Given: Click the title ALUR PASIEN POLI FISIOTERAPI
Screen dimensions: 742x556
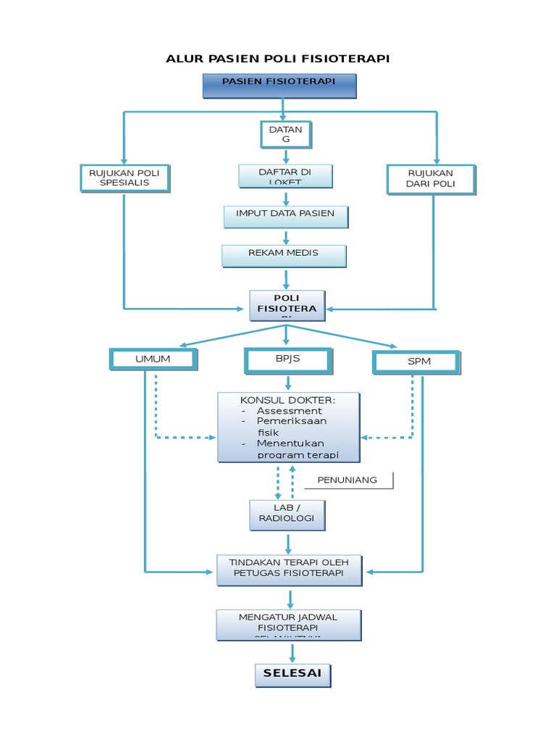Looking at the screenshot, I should click(x=278, y=59).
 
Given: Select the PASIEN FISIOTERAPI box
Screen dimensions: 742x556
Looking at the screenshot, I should click(x=279, y=86).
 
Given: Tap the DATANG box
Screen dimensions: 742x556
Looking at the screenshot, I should click(x=285, y=133).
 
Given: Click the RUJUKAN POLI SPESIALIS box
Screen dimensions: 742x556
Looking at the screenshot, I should click(x=125, y=178).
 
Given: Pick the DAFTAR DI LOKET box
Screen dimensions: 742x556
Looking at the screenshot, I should click(x=285, y=176).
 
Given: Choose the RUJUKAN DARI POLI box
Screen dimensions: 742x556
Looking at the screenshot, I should click(x=431, y=179).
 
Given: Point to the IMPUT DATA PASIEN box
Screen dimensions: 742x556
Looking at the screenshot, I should click(x=285, y=216).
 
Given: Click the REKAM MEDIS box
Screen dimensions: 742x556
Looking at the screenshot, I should click(x=284, y=256).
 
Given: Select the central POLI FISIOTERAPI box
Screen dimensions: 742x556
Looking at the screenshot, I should click(x=287, y=305).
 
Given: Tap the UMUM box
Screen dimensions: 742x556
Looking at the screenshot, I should click(x=153, y=359).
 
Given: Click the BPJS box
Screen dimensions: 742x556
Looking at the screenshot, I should click(x=287, y=359).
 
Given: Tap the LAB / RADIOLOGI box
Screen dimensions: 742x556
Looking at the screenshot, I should click(x=287, y=514).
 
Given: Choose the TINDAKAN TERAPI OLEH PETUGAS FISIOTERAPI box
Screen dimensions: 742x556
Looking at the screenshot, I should click(x=289, y=570).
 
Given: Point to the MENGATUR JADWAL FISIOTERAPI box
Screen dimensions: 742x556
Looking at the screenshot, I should click(x=289, y=624).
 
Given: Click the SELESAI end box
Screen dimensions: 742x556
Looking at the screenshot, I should click(x=292, y=674).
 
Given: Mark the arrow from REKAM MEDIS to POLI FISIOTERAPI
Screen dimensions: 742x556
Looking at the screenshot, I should click(x=287, y=279).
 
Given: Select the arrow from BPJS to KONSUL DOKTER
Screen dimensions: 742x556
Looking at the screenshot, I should click(x=287, y=383).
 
